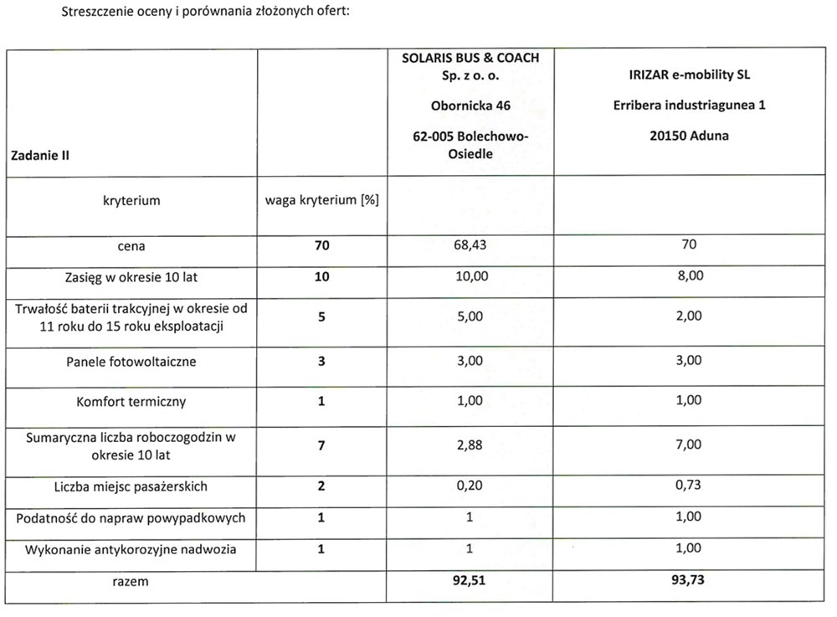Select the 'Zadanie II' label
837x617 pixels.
coord(40,154)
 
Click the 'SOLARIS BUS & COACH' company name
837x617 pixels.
coord(470,58)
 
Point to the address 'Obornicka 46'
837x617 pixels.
coord(470,105)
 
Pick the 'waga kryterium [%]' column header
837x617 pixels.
coord(322,201)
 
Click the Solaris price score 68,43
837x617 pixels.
coord(470,246)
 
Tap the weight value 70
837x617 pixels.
coord(322,246)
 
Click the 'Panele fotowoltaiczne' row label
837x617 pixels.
coord(131,362)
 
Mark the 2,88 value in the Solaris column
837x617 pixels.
coord(470,446)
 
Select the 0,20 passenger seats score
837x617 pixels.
coord(470,486)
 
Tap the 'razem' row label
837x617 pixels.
coord(131,579)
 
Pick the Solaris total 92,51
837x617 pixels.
coord(470,579)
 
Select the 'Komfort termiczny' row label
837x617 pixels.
coord(131,401)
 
